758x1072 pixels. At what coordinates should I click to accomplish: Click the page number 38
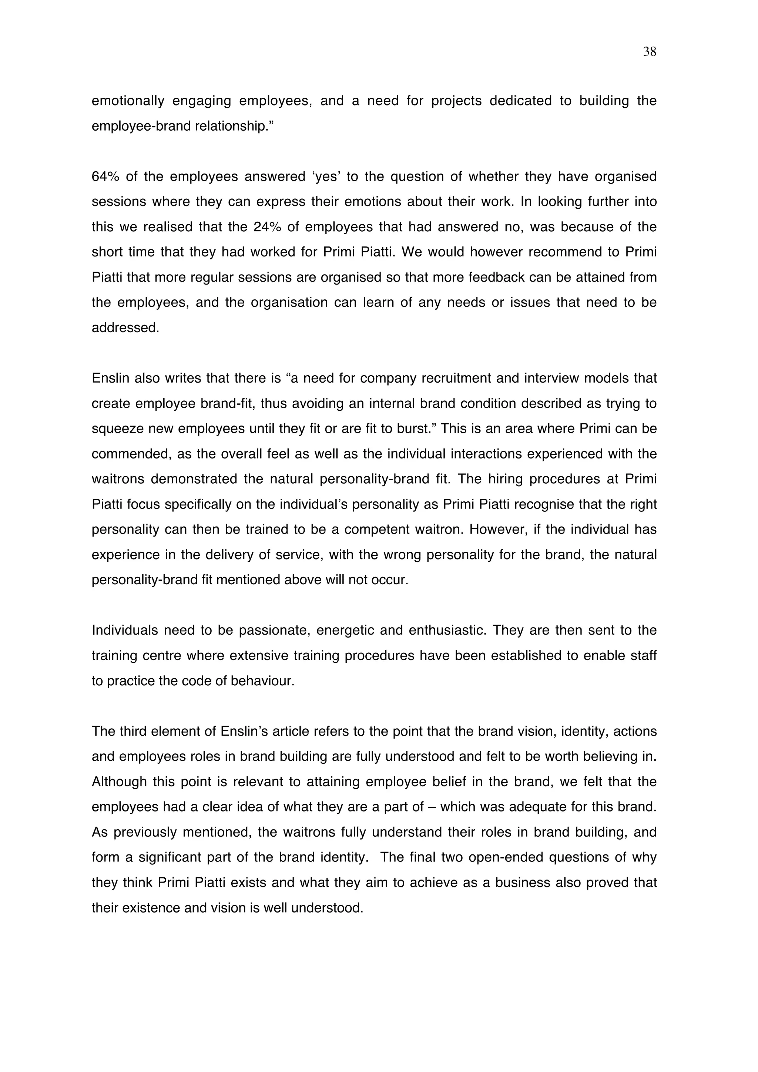pyautogui.click(x=649, y=52)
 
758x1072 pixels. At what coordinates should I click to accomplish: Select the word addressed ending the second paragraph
pyautogui.click(x=125, y=328)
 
